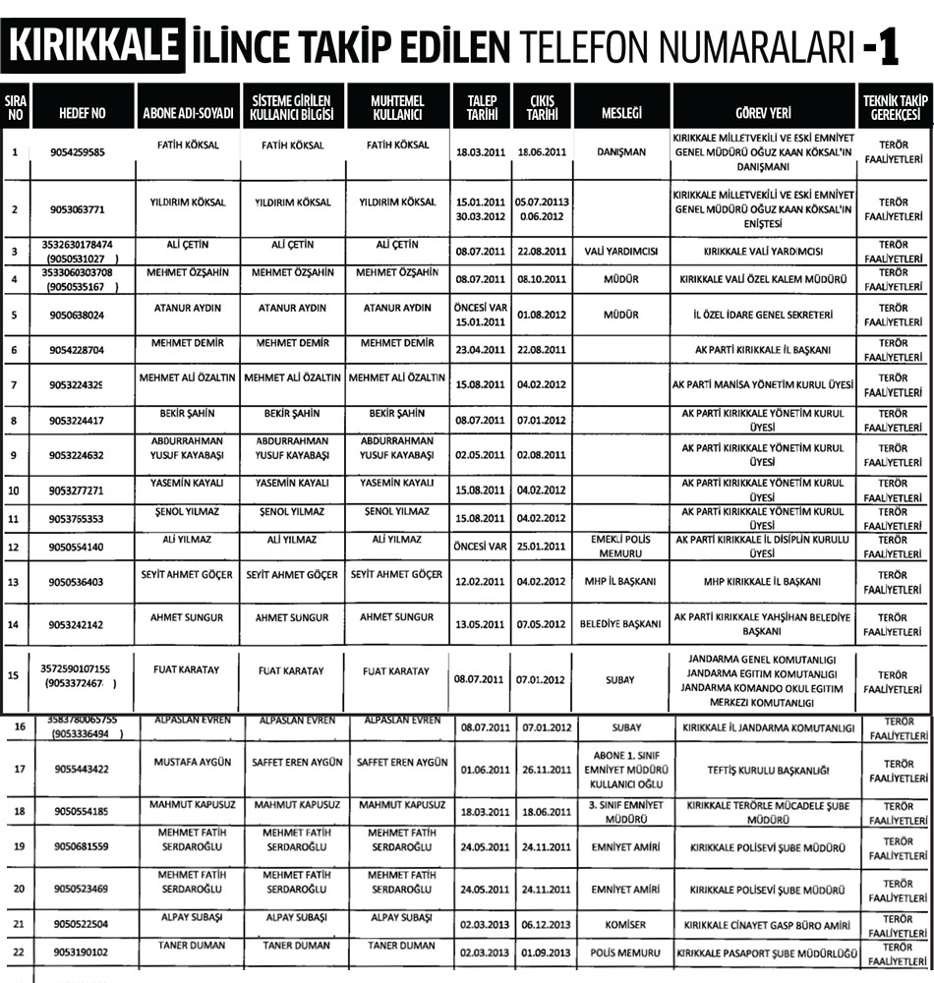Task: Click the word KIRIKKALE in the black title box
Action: (x=93, y=45)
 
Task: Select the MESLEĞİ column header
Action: (x=620, y=112)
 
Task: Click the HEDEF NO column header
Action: (x=83, y=112)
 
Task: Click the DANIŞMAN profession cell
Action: (x=620, y=152)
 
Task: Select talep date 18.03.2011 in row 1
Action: (x=481, y=152)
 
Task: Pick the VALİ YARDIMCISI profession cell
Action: (x=620, y=251)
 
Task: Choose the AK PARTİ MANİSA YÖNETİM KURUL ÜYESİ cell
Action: (x=763, y=383)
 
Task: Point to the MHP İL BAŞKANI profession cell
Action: (x=620, y=581)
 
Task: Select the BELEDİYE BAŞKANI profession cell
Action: (x=620, y=623)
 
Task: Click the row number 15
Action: (x=14, y=675)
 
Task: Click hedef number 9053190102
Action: (x=83, y=953)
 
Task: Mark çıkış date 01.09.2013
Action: (x=543, y=954)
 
